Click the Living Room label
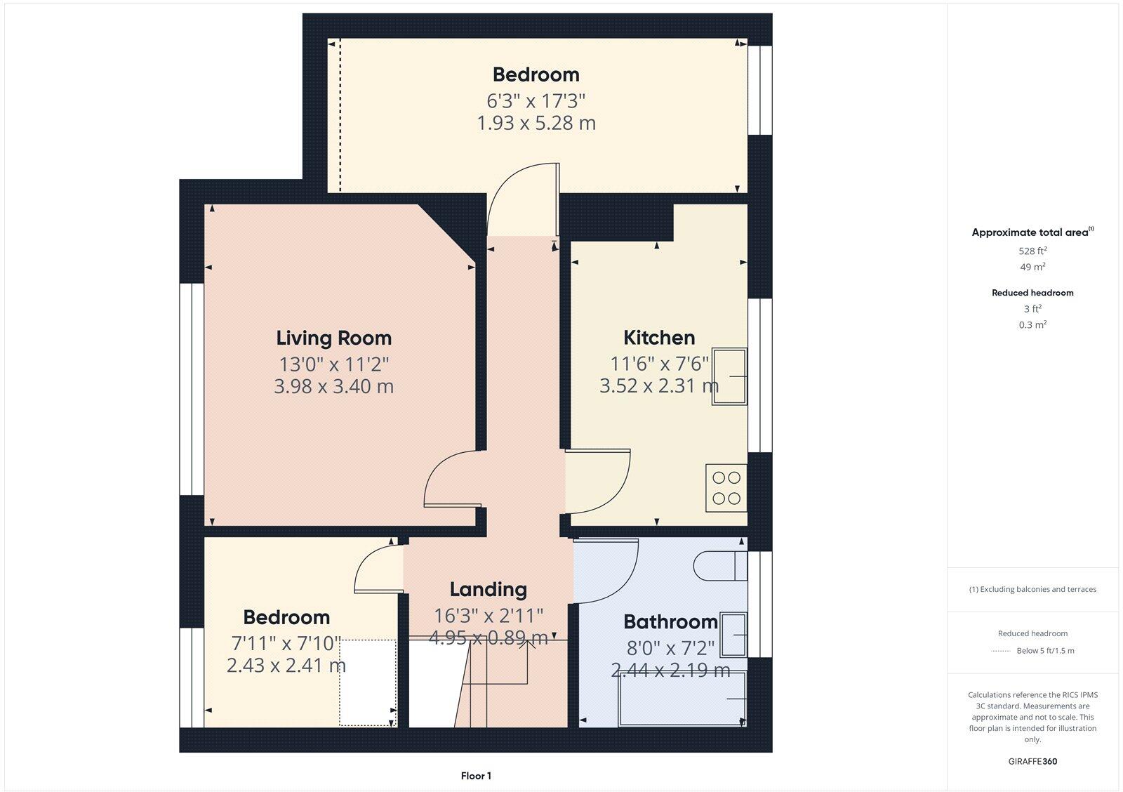click(333, 338)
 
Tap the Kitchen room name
click(659, 338)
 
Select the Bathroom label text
click(670, 622)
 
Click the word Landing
click(488, 590)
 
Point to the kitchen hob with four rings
click(726, 488)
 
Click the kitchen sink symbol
click(729, 376)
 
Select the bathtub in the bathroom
click(681, 699)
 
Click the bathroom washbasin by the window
click(733, 634)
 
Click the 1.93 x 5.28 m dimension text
click(536, 124)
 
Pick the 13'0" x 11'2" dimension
click(333, 364)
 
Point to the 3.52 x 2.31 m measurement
click(658, 386)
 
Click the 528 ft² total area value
click(1032, 251)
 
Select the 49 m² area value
click(1032, 267)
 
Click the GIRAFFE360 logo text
click(1032, 761)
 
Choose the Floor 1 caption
click(476, 776)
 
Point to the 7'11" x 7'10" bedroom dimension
click(286, 643)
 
